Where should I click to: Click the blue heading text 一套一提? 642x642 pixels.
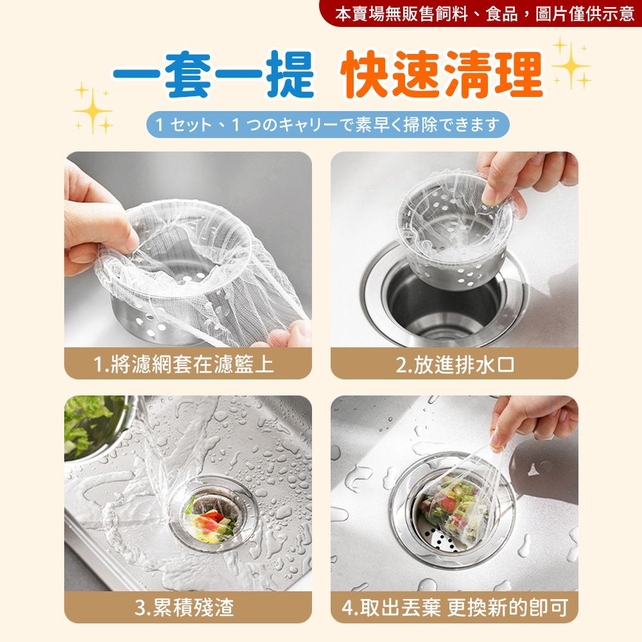click(213, 75)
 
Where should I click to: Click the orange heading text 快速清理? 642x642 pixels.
click(442, 75)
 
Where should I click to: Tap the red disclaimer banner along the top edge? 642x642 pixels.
click(481, 13)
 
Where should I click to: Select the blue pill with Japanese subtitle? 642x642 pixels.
click(327, 125)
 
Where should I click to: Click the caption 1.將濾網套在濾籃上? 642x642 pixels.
click(184, 364)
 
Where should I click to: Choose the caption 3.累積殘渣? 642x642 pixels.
click(184, 607)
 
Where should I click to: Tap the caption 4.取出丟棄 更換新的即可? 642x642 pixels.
click(455, 607)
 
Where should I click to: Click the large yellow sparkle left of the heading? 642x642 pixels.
click(93, 109)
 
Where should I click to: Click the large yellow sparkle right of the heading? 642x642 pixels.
click(571, 65)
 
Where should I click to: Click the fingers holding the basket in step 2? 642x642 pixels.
click(524, 176)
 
